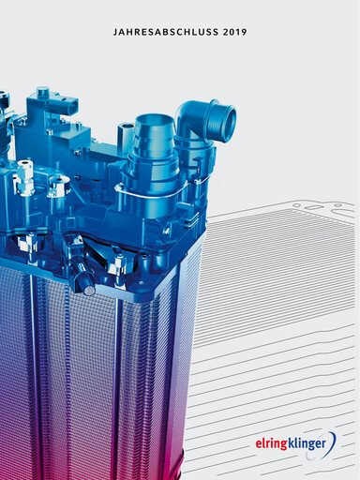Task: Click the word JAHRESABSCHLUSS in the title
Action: click(166, 32)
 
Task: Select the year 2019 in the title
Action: click(234, 32)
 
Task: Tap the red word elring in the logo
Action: click(271, 443)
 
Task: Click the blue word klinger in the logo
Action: click(307, 443)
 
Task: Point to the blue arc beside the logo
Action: click(333, 443)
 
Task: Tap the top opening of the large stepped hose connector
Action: click(154, 120)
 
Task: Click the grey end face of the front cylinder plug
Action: click(90, 291)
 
